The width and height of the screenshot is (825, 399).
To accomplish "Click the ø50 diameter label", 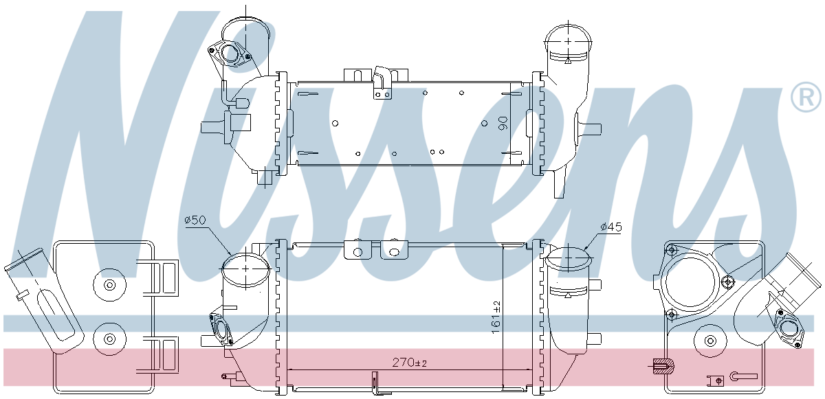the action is pyautogui.click(x=195, y=220).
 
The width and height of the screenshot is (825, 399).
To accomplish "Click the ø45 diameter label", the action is pyautogui.click(x=611, y=227).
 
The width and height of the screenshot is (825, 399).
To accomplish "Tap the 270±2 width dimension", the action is pyautogui.click(x=409, y=363).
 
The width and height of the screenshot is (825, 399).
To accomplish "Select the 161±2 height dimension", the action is pyautogui.click(x=496, y=317).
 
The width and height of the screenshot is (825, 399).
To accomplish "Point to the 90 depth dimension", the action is pyautogui.click(x=503, y=123).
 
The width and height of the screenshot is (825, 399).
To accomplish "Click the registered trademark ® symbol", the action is pyautogui.click(x=806, y=97).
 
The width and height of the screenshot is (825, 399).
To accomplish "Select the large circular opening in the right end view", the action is pyautogui.click(x=690, y=282).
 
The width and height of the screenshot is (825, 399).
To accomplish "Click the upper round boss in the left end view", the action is pyautogui.click(x=109, y=285).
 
